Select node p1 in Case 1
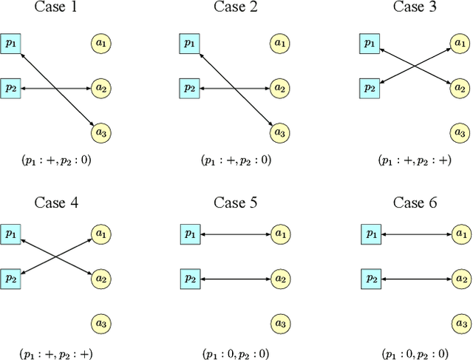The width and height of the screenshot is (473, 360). [10, 43]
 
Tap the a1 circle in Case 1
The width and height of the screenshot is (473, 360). [101, 44]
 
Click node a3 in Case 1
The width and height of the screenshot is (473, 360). [101, 133]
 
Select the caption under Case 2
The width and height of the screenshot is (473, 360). [234, 160]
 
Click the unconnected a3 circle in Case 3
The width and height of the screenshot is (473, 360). [459, 133]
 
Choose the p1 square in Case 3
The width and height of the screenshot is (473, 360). [369, 43]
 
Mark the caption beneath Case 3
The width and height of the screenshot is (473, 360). [414, 160]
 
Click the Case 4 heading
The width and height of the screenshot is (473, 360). [55, 203]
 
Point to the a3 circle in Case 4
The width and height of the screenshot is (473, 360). [101, 324]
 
